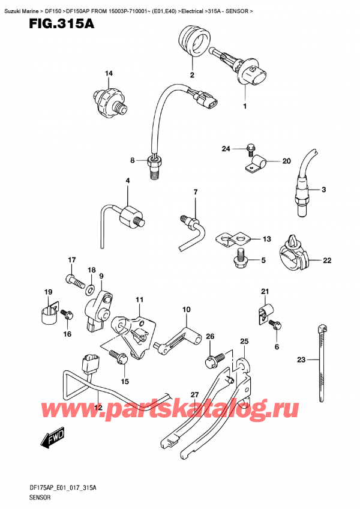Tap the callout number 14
[108, 74]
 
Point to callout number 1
[244, 106]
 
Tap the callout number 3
[323, 190]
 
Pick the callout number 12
[98, 408]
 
